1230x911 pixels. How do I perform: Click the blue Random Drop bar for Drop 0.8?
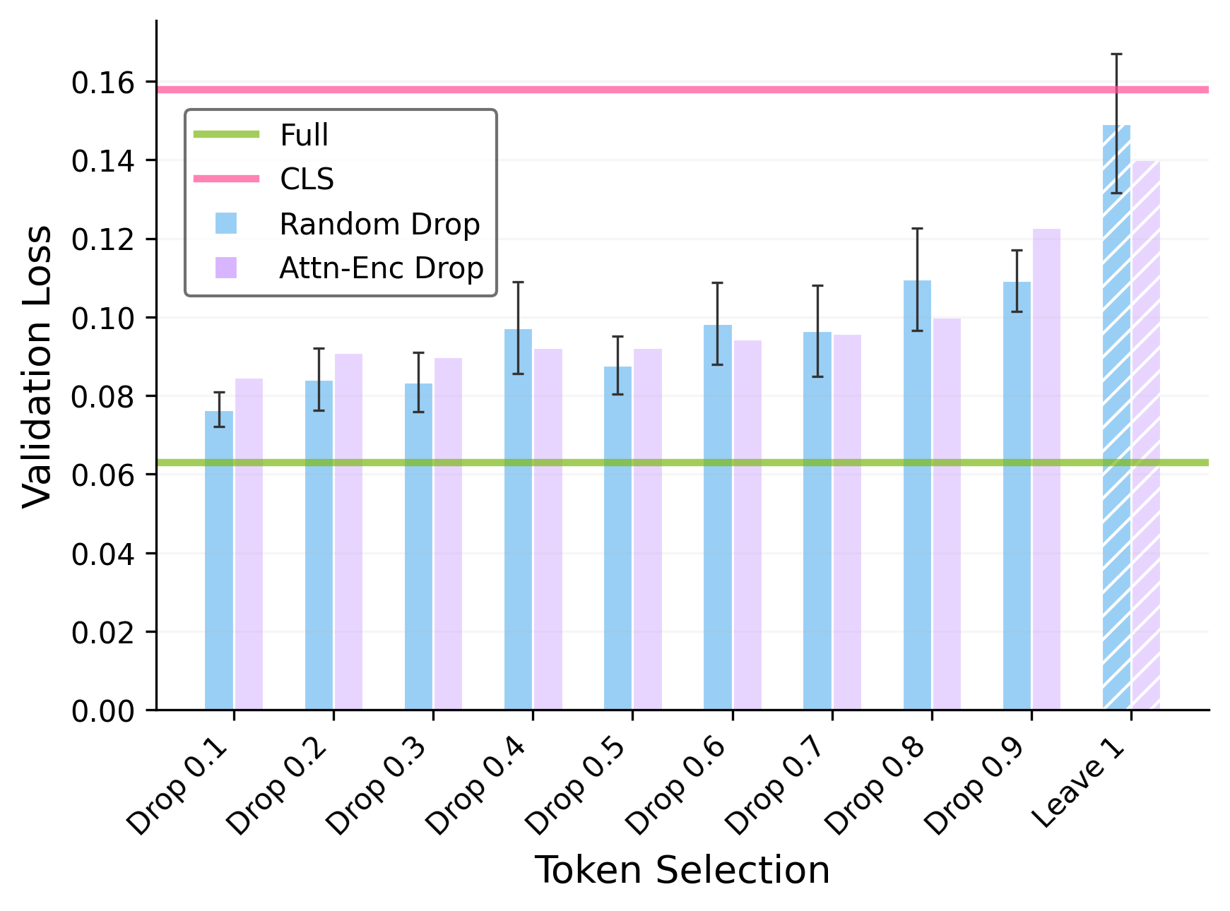pos(917,495)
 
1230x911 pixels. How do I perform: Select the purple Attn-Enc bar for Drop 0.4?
pos(548,529)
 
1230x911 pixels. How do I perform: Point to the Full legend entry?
pos(304,135)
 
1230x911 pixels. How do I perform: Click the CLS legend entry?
pos(307,179)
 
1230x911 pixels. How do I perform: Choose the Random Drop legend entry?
pos(379,224)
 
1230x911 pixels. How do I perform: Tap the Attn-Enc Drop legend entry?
pos(382,268)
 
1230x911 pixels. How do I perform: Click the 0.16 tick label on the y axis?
pos(103,83)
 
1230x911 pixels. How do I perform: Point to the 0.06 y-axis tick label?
pos(103,475)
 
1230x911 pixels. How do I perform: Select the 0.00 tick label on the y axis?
pos(103,710)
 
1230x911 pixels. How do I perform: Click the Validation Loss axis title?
pos(37,366)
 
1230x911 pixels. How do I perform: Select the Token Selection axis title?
pos(682,869)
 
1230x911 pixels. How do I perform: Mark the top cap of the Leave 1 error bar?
pos(1116,54)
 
